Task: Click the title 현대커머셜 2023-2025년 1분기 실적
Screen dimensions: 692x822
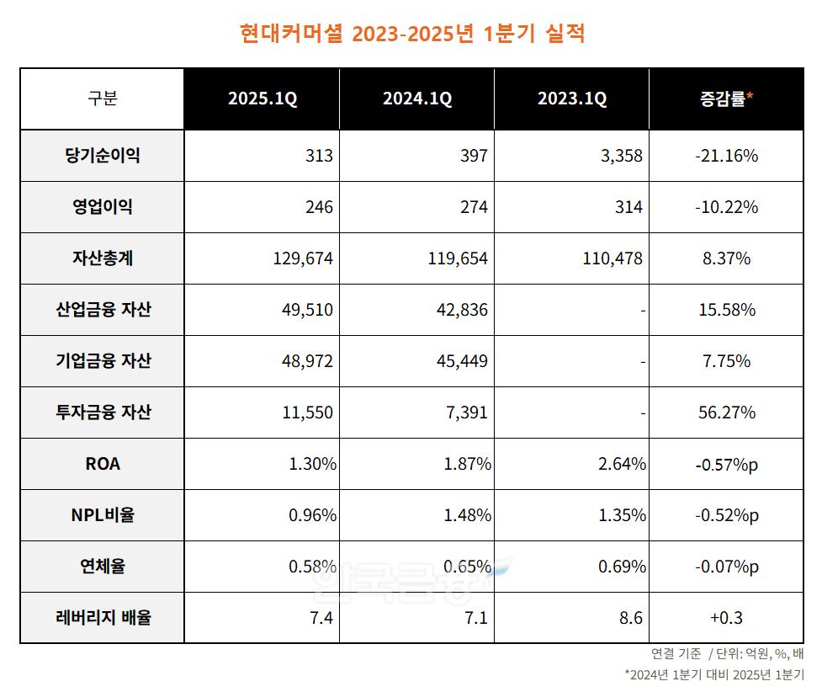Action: pyautogui.click(x=411, y=34)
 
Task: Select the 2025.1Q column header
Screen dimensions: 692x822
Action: pyautogui.click(x=263, y=99)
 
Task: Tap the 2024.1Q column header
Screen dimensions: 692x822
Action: pyautogui.click(x=417, y=99)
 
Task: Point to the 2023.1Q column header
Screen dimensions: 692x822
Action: pyautogui.click(x=572, y=99)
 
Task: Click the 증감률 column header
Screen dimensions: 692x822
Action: pyautogui.click(x=726, y=99)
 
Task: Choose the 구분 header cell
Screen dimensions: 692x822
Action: pyautogui.click(x=102, y=99)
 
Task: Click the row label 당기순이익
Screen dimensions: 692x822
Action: pyautogui.click(x=102, y=156)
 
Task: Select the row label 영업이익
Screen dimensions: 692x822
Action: pyautogui.click(x=102, y=207)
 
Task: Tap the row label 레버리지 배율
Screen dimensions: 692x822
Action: pyautogui.click(x=102, y=618)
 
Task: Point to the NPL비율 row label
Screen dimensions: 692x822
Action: pyautogui.click(x=102, y=515)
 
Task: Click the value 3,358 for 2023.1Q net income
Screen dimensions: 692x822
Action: pyautogui.click(x=622, y=156)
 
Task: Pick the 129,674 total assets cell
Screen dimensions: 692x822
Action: pyautogui.click(x=303, y=258)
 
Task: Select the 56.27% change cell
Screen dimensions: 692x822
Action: pyautogui.click(x=727, y=413)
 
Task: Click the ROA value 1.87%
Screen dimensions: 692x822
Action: pyautogui.click(x=468, y=464)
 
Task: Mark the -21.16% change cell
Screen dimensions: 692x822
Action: pyautogui.click(x=727, y=156)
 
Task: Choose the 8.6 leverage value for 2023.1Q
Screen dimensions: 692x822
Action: pyautogui.click(x=630, y=618)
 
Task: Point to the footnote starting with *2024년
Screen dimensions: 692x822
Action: pyautogui.click(x=714, y=674)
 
